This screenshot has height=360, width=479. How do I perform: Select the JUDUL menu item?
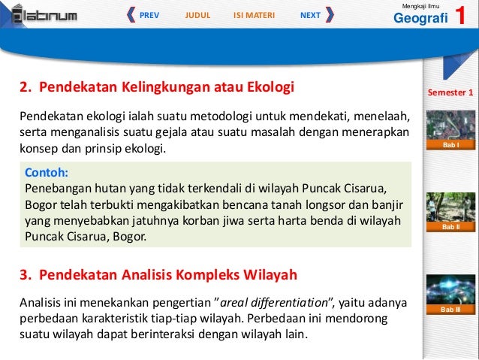pyautogui.click(x=197, y=14)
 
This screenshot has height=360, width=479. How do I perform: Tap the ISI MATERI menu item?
pyautogui.click(x=254, y=14)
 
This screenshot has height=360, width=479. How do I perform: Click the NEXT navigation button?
pyautogui.click(x=310, y=14)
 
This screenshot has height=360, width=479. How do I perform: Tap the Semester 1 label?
pyautogui.click(x=450, y=93)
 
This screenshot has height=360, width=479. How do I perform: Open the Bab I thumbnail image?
pyautogui.click(x=450, y=126)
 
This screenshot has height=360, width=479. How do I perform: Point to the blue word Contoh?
pyautogui.click(x=46, y=171)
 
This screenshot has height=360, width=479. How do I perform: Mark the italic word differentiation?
pyautogui.click(x=289, y=303)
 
